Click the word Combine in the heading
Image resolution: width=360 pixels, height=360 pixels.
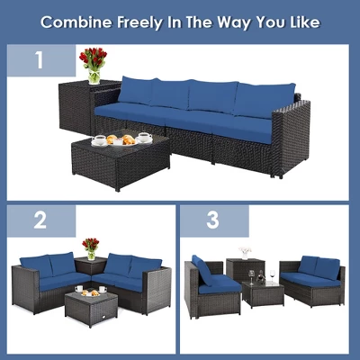point(76,20)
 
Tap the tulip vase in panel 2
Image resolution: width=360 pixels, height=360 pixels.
point(90,247)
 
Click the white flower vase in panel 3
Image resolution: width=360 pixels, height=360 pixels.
point(245,253)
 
